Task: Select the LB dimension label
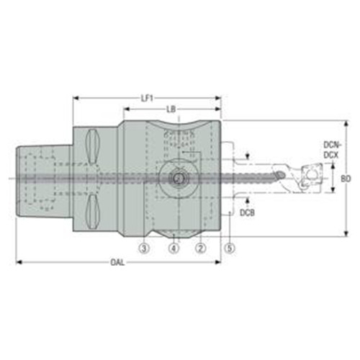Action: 172,109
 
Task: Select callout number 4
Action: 173,248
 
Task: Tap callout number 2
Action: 202,248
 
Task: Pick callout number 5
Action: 230,248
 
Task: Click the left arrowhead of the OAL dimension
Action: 18,262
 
